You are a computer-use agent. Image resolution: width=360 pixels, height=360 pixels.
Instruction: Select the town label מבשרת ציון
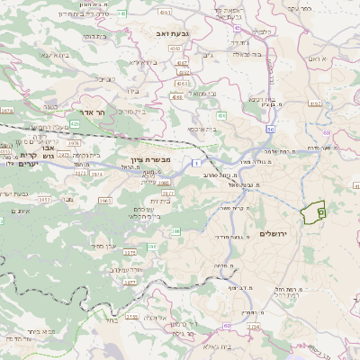pos(163,173)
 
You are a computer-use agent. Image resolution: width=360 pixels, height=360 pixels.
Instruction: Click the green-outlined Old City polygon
pos(311,213)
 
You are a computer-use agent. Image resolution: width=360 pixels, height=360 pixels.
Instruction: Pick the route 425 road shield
pos(75,123)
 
